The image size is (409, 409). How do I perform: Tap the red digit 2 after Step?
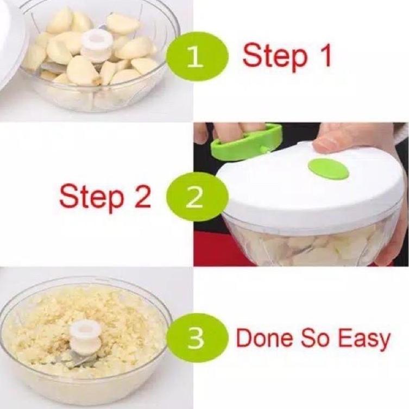pos(142,196)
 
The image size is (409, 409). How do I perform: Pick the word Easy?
pos(364,339)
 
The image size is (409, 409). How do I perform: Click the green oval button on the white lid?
pos(328,169)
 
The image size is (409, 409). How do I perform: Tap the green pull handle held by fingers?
pos(245,143)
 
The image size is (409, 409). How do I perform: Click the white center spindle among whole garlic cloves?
pos(97,46)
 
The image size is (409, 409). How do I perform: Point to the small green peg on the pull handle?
pos(264,149)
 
